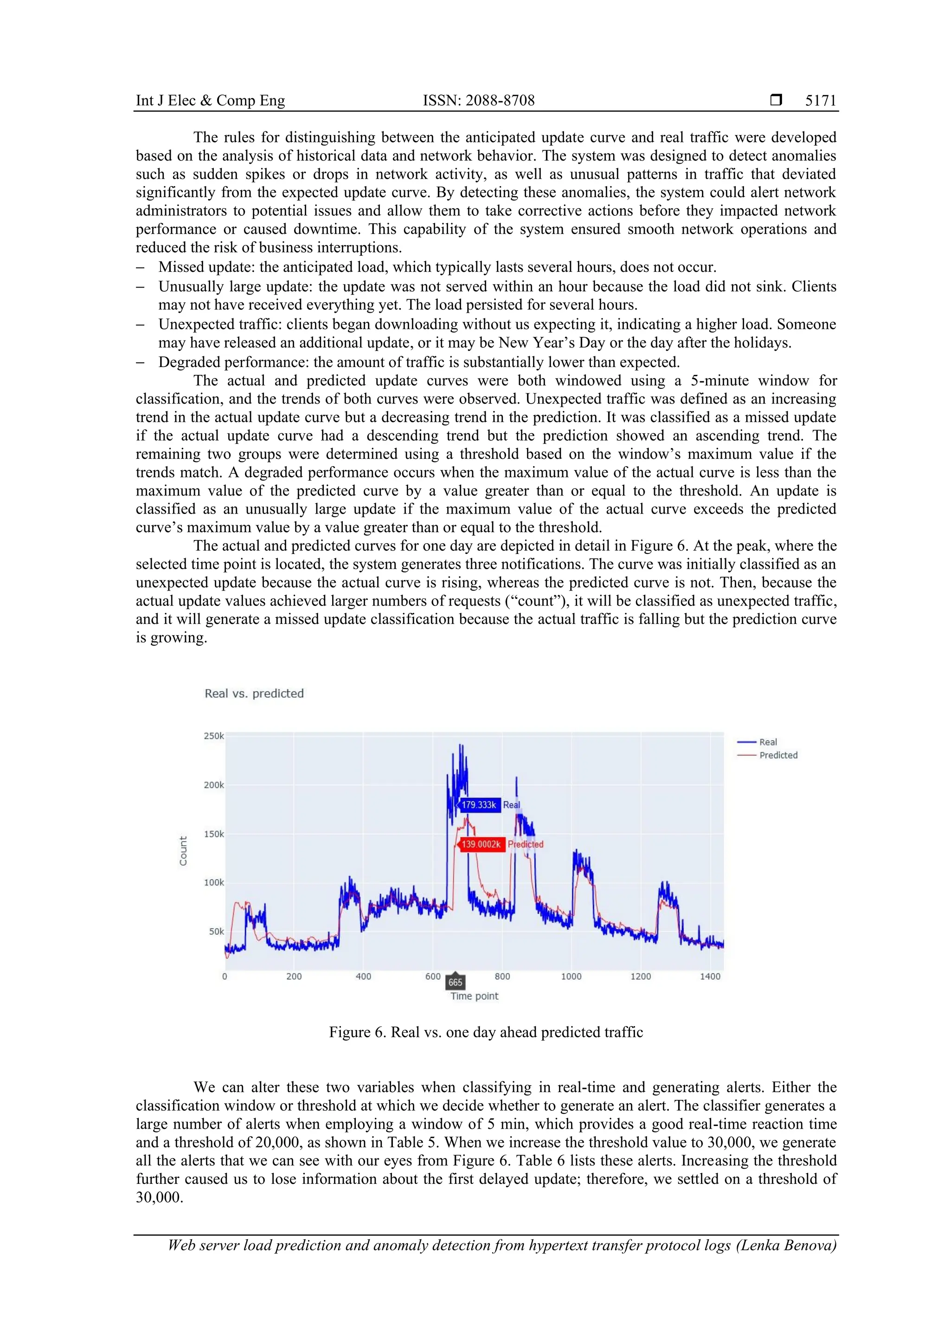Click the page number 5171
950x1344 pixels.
pyautogui.click(x=820, y=101)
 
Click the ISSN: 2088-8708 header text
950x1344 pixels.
pyautogui.click(x=478, y=101)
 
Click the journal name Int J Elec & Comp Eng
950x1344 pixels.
pyautogui.click(x=210, y=101)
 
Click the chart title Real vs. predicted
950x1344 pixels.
pyautogui.click(x=254, y=693)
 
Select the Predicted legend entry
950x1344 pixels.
pyautogui.click(x=778, y=755)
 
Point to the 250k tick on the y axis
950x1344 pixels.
pyautogui.click(x=214, y=736)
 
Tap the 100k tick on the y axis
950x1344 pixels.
pyautogui.click(x=214, y=883)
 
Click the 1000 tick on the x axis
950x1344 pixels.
pyautogui.click(x=571, y=977)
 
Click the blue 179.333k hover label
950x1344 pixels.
pyautogui.click(x=479, y=805)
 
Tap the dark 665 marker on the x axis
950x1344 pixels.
pyautogui.click(x=456, y=982)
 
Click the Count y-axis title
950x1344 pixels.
pyautogui.click(x=183, y=850)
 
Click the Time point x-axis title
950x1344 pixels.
pyautogui.click(x=474, y=997)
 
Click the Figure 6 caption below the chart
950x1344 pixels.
pyautogui.click(x=485, y=1032)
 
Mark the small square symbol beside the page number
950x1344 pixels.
pyautogui.click(x=776, y=100)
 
